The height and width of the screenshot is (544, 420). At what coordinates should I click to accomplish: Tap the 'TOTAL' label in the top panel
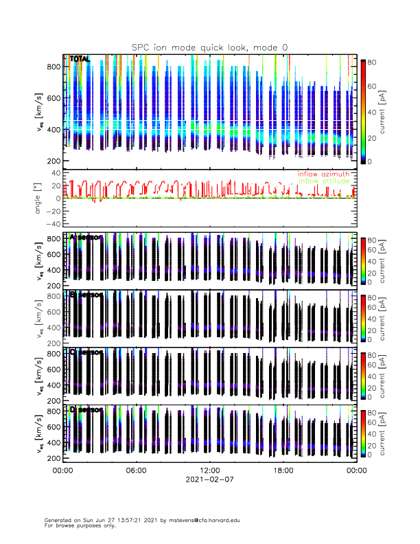click(80, 60)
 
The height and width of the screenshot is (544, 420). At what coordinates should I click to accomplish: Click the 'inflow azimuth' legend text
click(323, 174)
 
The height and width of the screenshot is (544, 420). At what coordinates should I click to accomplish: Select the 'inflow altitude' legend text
click(325, 181)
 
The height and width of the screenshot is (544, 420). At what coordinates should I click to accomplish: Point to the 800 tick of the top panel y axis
click(55, 67)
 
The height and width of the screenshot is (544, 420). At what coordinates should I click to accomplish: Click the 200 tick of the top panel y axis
click(55, 161)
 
